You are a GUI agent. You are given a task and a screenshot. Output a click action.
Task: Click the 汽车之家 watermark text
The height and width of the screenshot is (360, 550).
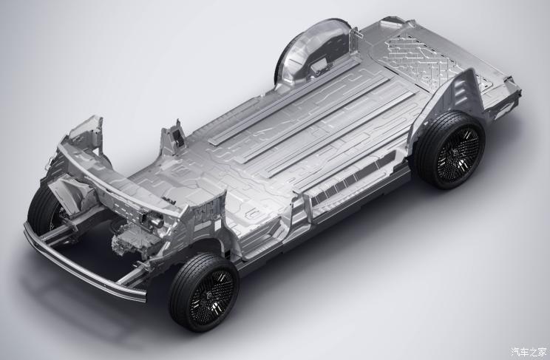(529, 351)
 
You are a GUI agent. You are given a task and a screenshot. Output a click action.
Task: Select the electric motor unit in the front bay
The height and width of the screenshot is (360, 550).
(135, 238)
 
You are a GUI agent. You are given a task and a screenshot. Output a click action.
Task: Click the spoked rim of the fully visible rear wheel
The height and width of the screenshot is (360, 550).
(458, 154)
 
